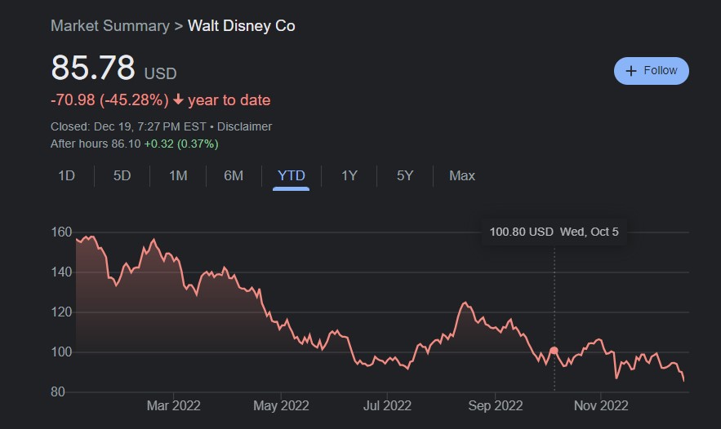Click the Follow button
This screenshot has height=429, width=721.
(x=651, y=71)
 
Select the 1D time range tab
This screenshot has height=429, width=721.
(x=67, y=175)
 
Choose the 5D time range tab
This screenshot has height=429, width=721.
(x=122, y=175)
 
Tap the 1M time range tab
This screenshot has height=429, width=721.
(x=178, y=175)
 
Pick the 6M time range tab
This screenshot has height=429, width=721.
(x=234, y=175)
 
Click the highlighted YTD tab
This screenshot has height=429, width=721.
(x=292, y=175)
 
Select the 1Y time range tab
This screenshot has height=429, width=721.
(x=349, y=175)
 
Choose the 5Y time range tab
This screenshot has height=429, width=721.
(x=405, y=175)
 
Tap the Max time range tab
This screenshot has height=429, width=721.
(x=462, y=175)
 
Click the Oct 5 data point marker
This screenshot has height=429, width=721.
(x=554, y=351)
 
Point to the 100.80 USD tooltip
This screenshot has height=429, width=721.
(x=554, y=232)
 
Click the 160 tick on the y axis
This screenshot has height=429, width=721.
(x=62, y=232)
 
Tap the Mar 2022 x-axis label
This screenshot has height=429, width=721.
(x=173, y=405)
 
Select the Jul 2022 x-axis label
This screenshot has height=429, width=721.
(x=386, y=405)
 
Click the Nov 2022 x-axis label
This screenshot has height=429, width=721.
(x=600, y=405)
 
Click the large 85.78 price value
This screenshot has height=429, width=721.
(x=93, y=69)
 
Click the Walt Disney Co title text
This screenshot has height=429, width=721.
(x=242, y=25)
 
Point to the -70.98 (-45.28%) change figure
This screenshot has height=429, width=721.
(x=109, y=100)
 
